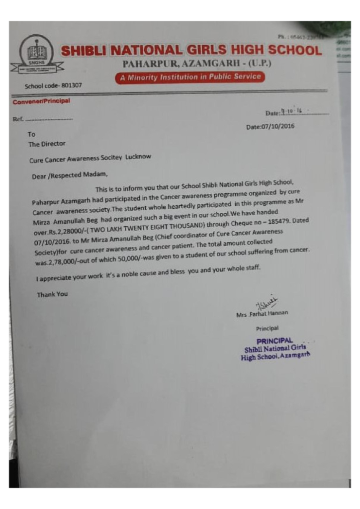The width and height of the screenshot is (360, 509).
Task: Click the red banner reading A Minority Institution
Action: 189,78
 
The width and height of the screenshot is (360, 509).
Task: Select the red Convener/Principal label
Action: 41,101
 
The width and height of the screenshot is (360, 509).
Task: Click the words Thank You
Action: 53,294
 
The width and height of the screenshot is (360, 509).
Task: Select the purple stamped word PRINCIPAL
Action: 274,340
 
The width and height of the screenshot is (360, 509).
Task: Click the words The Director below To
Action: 47,144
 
